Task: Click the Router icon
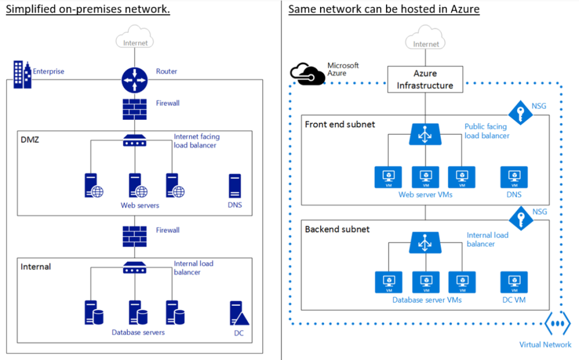tap(134, 80)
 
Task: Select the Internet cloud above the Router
tap(134, 40)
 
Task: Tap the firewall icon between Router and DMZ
tap(134, 109)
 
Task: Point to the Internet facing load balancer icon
tap(134, 141)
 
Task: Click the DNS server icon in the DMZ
tap(235, 185)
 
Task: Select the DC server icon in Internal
tap(238, 313)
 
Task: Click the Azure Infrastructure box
tap(425, 79)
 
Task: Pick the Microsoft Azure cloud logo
tap(306, 74)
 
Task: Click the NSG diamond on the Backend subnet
tap(519, 218)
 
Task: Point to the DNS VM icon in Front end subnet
tap(514, 177)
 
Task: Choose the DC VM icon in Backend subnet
tap(514, 282)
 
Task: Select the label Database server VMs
tap(427, 300)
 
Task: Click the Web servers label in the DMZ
tap(140, 205)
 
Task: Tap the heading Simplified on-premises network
tap(88, 10)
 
